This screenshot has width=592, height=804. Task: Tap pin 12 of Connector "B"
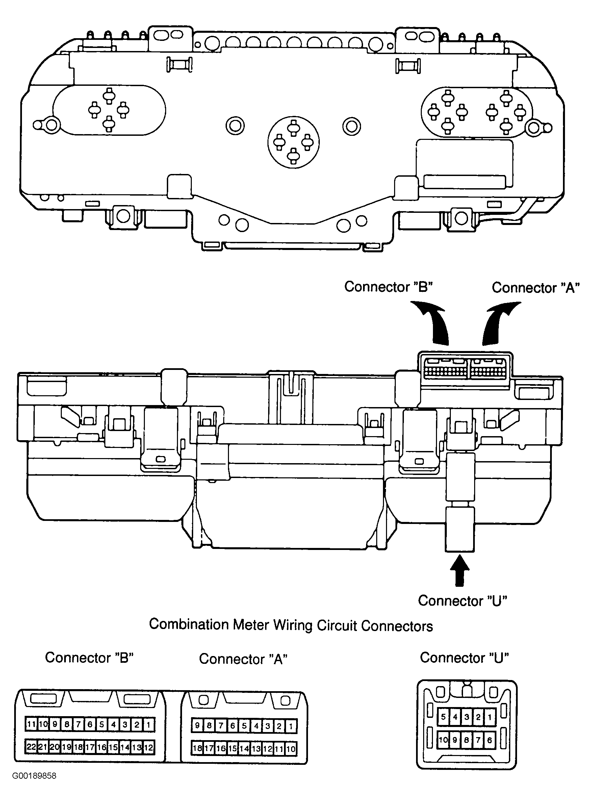(x=149, y=747)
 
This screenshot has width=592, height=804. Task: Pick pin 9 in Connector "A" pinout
(x=197, y=726)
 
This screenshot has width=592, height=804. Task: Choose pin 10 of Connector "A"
(x=291, y=749)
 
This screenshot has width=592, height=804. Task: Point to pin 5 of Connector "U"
(x=443, y=717)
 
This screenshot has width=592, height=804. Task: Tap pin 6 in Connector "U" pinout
(x=490, y=739)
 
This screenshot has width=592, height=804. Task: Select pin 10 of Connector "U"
(x=443, y=739)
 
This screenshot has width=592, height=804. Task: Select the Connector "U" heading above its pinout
(x=464, y=657)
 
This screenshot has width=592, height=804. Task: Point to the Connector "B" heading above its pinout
(x=89, y=657)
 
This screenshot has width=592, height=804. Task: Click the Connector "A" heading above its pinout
(x=243, y=659)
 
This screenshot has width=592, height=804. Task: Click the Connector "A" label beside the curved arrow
(x=536, y=287)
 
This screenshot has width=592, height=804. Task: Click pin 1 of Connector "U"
(x=490, y=717)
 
